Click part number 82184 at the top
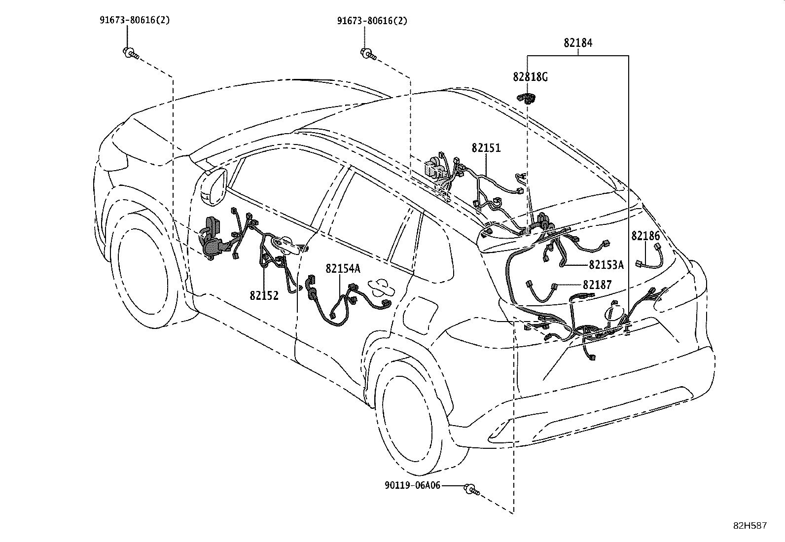click(578, 43)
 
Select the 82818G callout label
click(530, 77)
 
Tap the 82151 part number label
click(486, 148)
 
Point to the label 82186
click(645, 236)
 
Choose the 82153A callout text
click(607, 265)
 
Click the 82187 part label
click(597, 285)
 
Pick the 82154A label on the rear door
click(343, 269)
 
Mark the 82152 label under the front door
click(264, 295)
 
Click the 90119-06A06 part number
click(413, 486)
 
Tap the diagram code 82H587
click(750, 526)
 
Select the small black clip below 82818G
click(527, 99)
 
